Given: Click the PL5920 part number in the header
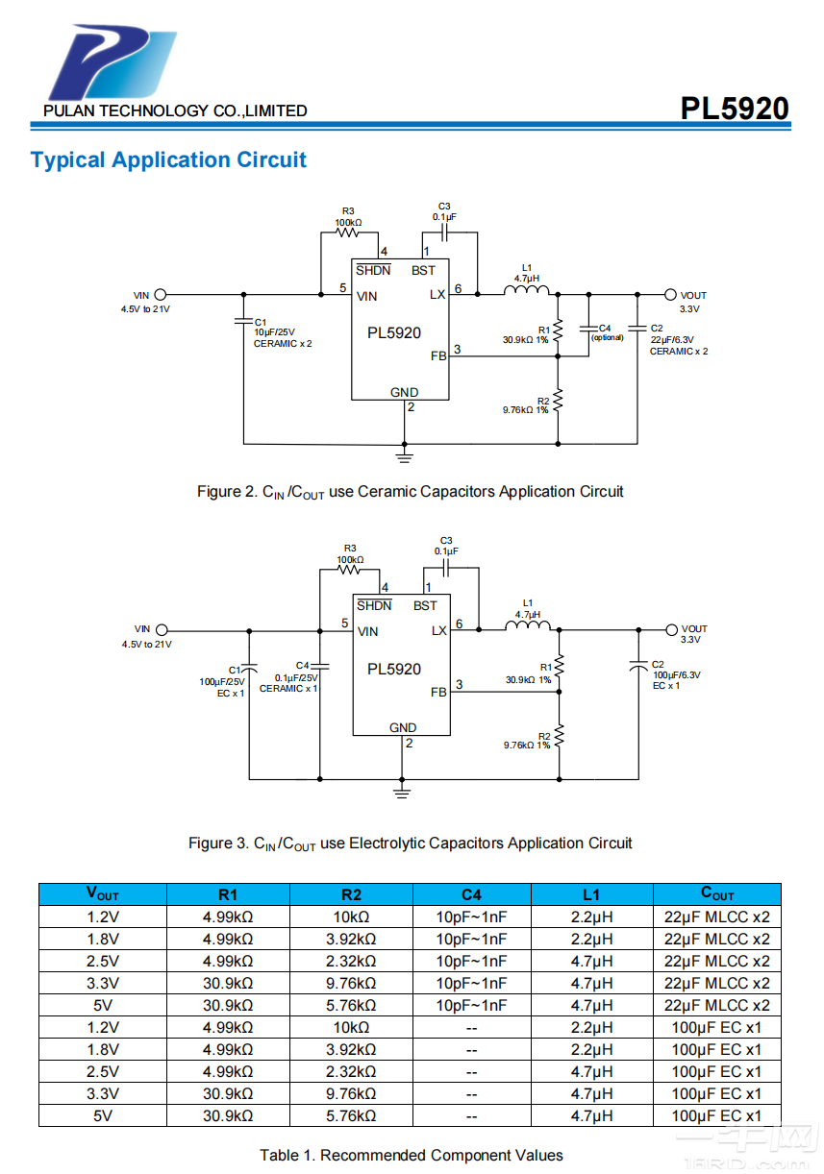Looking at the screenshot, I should pyautogui.click(x=735, y=109).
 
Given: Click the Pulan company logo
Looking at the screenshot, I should pyautogui.click(x=112, y=64).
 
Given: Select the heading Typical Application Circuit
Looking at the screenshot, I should pyautogui.click(x=168, y=160).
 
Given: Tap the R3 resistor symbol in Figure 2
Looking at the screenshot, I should pyautogui.click(x=347, y=232).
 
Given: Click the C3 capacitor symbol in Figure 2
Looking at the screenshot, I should pyautogui.click(x=444, y=232).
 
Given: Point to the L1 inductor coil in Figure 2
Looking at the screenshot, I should pyautogui.click(x=526, y=289).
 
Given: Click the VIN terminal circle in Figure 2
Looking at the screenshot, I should pyautogui.click(x=162, y=295).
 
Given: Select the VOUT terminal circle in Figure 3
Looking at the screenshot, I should pyautogui.click(x=672, y=630).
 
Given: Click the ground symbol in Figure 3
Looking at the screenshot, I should pyautogui.click(x=403, y=790).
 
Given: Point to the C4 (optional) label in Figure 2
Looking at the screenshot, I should pyautogui.click(x=606, y=332).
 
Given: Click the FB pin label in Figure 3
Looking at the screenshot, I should pyautogui.click(x=438, y=693).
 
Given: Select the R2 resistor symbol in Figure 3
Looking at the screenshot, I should pyautogui.click(x=559, y=737).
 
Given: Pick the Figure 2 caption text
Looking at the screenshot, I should pyautogui.click(x=411, y=492).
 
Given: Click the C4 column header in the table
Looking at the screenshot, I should pyautogui.click(x=471, y=894).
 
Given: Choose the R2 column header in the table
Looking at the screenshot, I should pyautogui.click(x=350, y=894).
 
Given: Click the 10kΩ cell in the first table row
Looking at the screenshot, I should pyautogui.click(x=350, y=917).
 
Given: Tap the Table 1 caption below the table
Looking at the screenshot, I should pyautogui.click(x=411, y=1155).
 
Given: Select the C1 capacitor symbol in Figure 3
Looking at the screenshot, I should pyautogui.click(x=250, y=666).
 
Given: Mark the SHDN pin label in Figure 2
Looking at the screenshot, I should pyautogui.click(x=373, y=270).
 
